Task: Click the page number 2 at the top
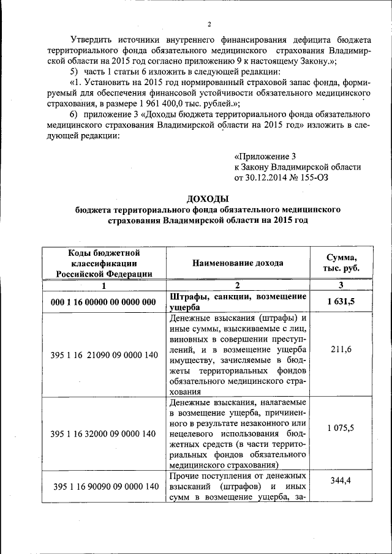(209, 24)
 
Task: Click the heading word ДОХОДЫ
(208, 199)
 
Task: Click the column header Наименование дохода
(238, 263)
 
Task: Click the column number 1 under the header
(104, 285)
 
